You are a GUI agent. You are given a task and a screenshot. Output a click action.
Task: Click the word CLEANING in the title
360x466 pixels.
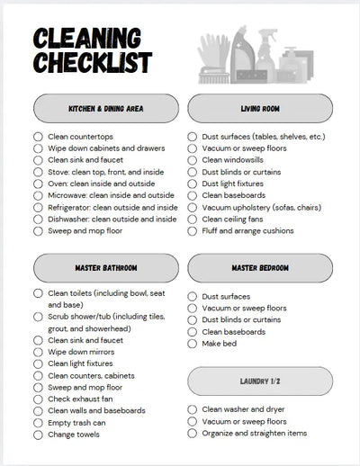[87, 39]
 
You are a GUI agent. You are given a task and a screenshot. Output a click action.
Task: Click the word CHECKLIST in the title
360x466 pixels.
[93, 63]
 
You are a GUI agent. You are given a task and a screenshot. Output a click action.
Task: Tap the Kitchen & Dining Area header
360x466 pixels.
[105, 109]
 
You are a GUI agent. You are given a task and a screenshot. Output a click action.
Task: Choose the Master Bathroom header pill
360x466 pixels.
[105, 268]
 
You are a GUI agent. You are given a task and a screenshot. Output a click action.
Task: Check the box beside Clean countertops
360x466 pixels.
[38, 137]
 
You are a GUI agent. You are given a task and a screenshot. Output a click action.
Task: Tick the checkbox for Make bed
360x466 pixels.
[193, 343]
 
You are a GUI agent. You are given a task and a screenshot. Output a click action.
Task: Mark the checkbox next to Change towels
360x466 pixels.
[38, 435]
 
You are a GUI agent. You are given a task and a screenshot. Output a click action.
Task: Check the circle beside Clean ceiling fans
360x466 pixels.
[193, 219]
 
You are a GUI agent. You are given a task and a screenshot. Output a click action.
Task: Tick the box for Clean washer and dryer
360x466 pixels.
[193, 409]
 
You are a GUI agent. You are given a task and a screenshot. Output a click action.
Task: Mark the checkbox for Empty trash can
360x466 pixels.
[38, 423]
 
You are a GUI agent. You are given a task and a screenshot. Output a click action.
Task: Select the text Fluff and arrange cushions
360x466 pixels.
[247, 230]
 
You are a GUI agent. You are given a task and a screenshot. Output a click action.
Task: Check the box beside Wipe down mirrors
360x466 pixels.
[38, 352]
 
